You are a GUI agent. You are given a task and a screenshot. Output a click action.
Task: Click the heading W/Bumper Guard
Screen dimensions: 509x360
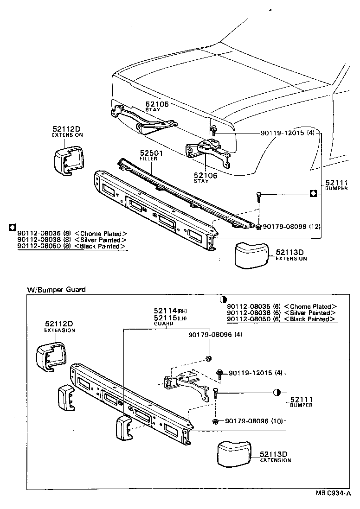(56, 290)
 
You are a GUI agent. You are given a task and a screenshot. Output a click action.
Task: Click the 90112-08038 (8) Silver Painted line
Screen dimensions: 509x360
(72, 240)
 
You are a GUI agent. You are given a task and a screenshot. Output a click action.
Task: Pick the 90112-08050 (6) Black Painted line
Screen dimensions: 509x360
(282, 319)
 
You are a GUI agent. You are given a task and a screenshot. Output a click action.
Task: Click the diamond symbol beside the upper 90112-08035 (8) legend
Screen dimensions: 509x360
(12, 227)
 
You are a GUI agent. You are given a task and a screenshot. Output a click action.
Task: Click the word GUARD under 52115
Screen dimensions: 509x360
(163, 324)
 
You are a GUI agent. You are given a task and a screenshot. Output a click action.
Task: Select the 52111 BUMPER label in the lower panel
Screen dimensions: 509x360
(302, 401)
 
